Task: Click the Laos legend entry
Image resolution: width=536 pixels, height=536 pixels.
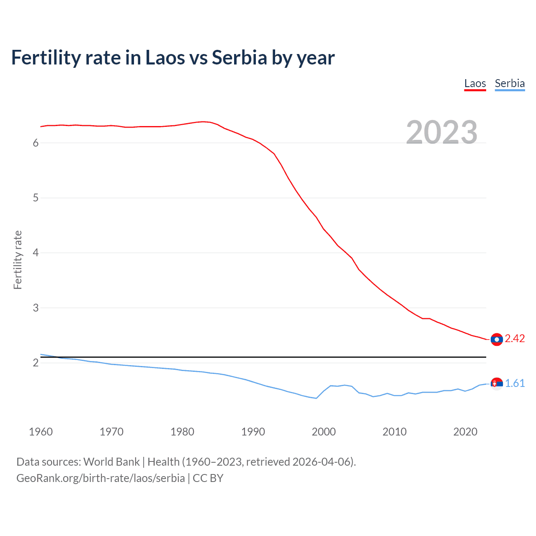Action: pos(475,84)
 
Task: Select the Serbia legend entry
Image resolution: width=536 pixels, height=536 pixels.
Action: pos(510,84)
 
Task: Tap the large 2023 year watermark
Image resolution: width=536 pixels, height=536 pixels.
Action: pos(442,132)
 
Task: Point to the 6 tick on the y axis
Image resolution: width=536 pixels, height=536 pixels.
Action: pos(36,143)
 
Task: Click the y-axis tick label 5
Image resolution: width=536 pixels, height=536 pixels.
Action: pos(36,198)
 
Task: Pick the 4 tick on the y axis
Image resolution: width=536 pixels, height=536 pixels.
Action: pos(36,253)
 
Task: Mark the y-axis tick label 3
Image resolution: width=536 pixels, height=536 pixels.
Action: pos(36,308)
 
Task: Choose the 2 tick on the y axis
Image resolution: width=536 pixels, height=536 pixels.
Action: pos(36,363)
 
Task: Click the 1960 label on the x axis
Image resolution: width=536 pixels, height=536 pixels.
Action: pos(41,432)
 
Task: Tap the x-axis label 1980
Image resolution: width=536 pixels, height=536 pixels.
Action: pos(182,432)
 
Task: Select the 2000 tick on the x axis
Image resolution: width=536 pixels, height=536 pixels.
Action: pos(324,432)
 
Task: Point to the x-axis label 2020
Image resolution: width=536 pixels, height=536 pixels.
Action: pos(465,432)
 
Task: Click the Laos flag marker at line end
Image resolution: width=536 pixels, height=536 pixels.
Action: pos(497,340)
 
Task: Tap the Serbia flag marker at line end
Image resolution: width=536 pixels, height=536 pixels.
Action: pos(497,384)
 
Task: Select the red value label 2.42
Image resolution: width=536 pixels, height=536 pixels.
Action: pos(515,339)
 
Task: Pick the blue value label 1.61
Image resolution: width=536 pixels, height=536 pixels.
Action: pos(515,384)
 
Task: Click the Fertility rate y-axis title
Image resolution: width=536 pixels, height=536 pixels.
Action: pos(18,260)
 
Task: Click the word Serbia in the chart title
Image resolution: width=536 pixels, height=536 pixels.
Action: pos(239,58)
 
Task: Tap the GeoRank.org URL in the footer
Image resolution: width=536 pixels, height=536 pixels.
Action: pos(100,478)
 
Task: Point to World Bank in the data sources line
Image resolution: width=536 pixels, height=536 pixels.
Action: pos(111,462)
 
